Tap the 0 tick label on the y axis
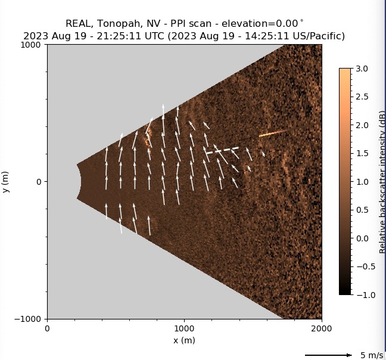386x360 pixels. [40, 182]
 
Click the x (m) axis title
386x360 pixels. [184, 340]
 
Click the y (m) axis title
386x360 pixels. [6, 181]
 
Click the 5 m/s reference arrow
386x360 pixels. [328, 355]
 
